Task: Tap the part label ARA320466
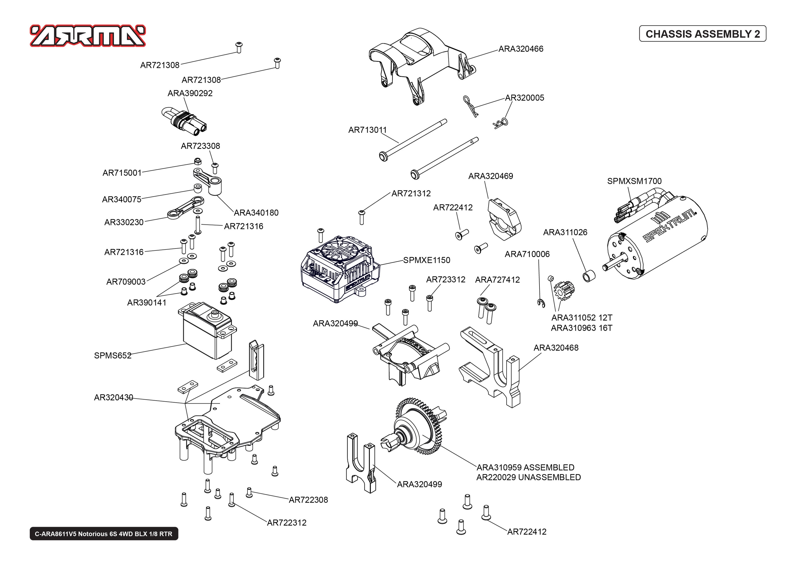click(520, 49)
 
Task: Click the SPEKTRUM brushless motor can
click(661, 240)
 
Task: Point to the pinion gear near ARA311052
click(563, 290)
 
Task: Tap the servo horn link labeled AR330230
click(184, 208)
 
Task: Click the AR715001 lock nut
click(197, 161)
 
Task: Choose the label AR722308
click(308, 500)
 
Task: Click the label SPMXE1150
click(426, 260)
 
